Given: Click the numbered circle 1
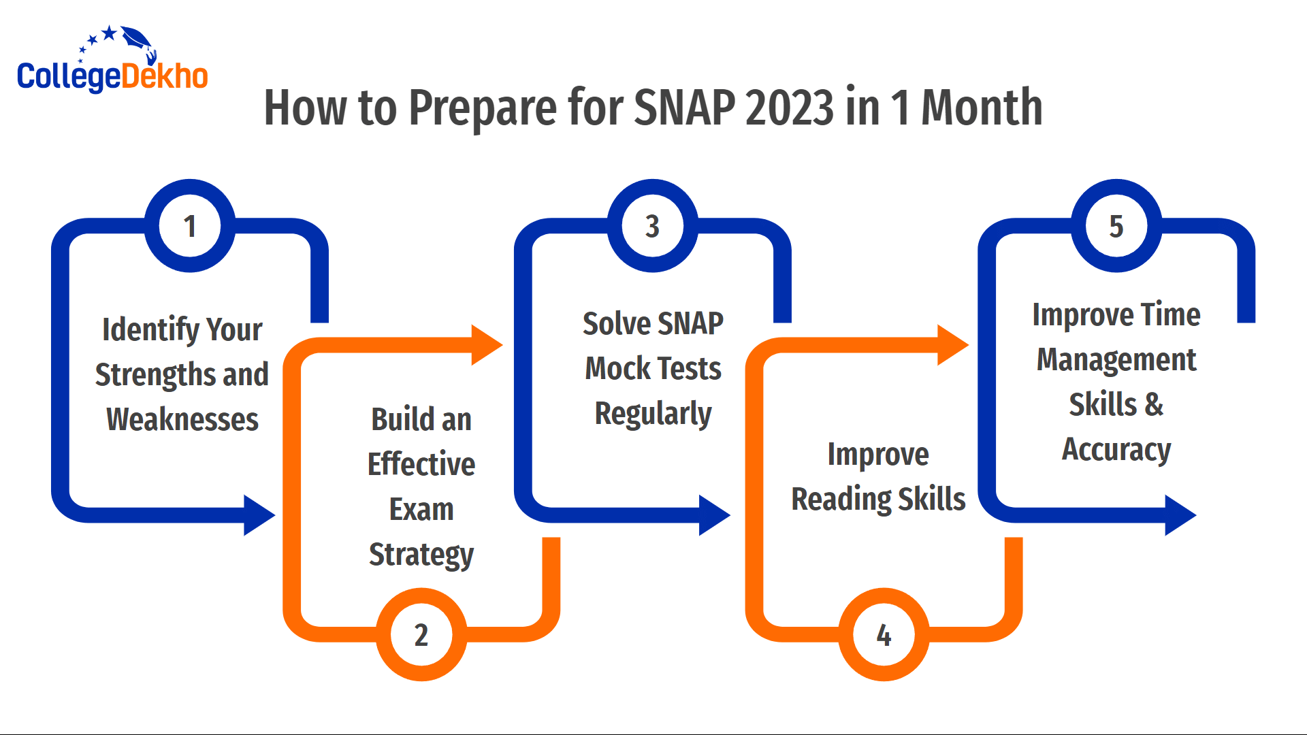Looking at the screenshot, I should tap(190, 226).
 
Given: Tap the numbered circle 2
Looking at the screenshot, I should tap(421, 634).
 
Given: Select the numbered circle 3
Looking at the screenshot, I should tap(653, 226).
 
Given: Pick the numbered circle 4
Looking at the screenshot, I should tap(884, 634).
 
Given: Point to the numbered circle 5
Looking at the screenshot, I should tap(1116, 226).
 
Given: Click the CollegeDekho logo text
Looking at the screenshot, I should tap(112, 76).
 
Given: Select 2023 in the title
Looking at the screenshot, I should tap(790, 108).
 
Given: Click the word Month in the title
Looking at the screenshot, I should tap(982, 108).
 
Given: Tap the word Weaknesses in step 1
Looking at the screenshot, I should tap(182, 419).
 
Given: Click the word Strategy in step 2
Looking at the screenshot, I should tap(421, 555).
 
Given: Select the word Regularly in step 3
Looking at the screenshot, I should tap(653, 414).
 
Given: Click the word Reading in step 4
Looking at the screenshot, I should tap(841, 500).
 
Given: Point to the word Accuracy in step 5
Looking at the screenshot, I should tap(1116, 450).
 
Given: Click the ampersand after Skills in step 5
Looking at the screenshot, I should tap(1154, 405).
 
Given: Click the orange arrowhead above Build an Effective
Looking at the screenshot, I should tap(486, 345).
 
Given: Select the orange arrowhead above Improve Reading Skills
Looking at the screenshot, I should tap(952, 345).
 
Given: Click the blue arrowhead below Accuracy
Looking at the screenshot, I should tap(1180, 515).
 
